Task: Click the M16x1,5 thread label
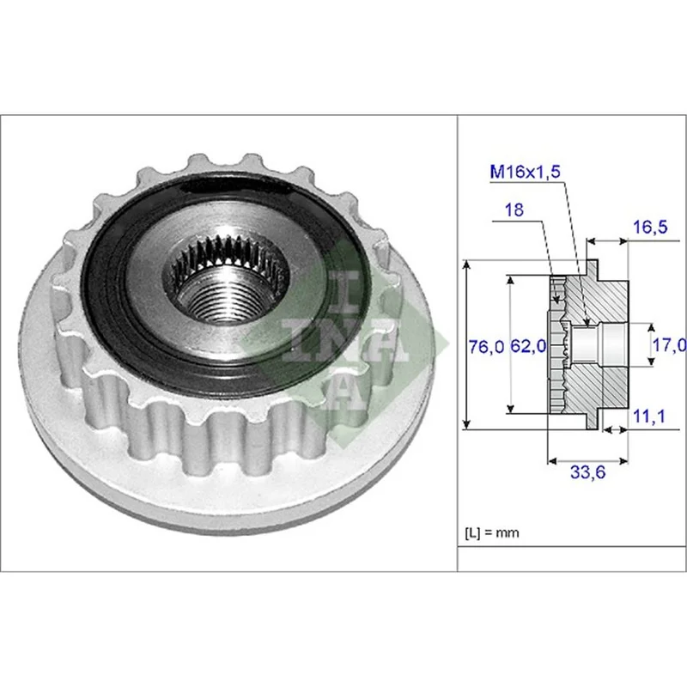pos(525,172)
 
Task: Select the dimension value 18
pos(514,210)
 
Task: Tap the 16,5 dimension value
pos(650,227)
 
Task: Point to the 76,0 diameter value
pos(486,347)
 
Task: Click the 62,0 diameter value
pos(528,347)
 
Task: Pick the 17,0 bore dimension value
pos(670,345)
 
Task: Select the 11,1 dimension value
pos(649,416)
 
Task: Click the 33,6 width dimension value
pos(587,471)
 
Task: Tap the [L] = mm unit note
pos(491,532)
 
